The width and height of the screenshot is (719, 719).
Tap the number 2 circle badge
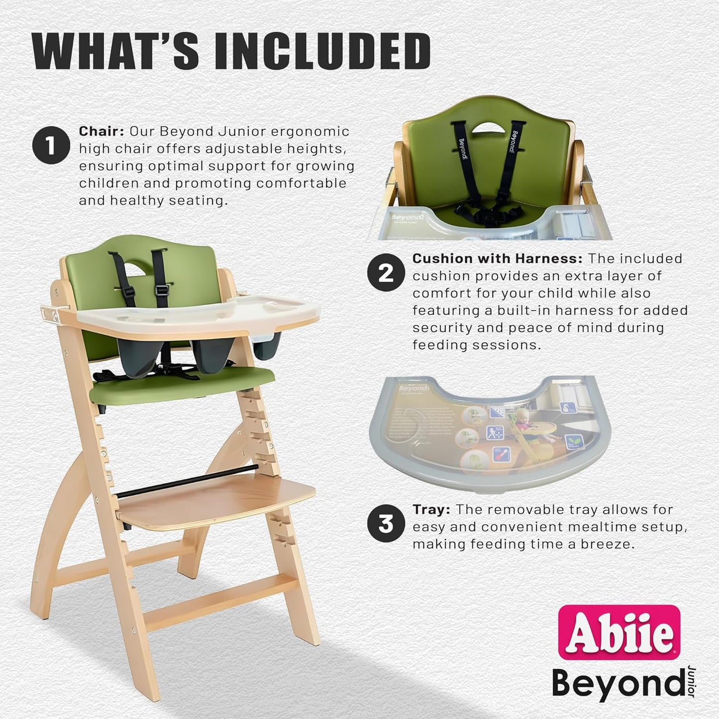click(386, 273)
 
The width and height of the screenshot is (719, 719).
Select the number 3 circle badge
click(386, 524)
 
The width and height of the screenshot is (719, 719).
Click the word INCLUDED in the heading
click(322, 52)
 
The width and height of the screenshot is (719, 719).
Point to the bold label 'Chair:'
click(102, 132)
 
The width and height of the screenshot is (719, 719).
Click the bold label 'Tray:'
click(431, 510)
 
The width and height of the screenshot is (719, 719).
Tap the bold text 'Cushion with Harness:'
click(497, 259)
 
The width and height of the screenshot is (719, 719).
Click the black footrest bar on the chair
click(189, 480)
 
